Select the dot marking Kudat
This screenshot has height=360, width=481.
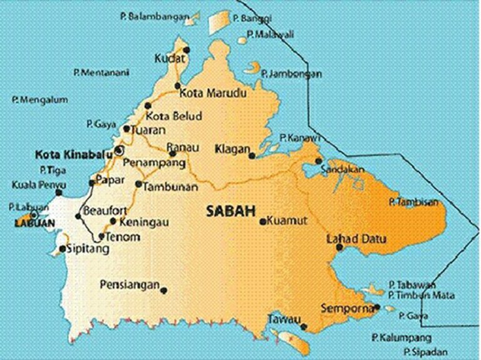[x=186, y=49]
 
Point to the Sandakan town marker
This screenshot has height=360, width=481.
[x=319, y=161]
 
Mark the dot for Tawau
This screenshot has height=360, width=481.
[x=304, y=327]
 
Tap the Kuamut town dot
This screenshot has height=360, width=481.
[x=262, y=221]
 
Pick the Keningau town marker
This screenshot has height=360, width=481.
[x=113, y=221]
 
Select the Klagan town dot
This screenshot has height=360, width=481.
[x=252, y=156]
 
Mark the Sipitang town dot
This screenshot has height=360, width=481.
[x=62, y=249]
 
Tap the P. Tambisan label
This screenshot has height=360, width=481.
[x=413, y=202]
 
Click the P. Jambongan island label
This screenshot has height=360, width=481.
[x=291, y=74]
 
